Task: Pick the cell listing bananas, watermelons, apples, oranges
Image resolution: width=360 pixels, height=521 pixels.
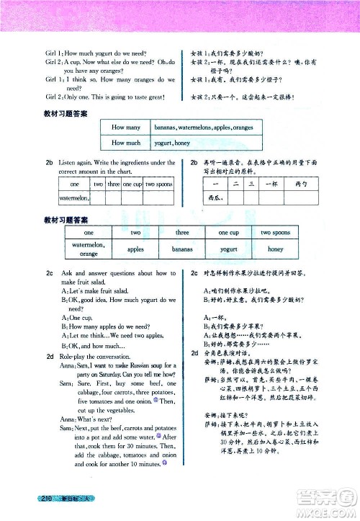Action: pyautogui.click(x=214, y=128)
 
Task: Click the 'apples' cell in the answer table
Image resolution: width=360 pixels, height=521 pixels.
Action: pyautogui.click(x=135, y=249)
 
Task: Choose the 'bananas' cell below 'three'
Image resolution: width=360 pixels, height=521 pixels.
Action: pyautogui.click(x=183, y=249)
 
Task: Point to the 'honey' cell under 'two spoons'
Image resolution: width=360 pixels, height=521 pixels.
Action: pyautogui.click(x=276, y=249)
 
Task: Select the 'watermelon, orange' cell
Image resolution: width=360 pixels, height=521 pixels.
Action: pyautogui.click(x=89, y=249)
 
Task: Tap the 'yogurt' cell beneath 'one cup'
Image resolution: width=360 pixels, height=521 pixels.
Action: pyautogui.click(x=229, y=249)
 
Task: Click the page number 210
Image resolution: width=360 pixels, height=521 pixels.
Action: pyautogui.click(x=50, y=499)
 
